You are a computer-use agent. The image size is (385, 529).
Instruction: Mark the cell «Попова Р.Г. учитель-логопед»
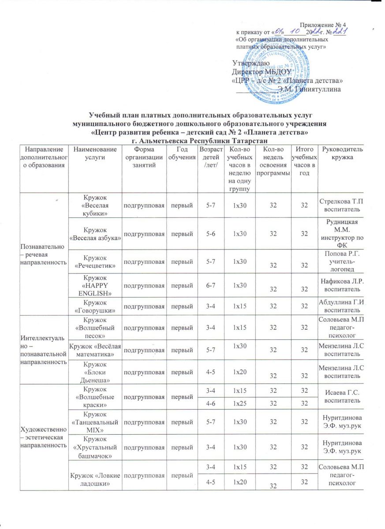coord(343,262)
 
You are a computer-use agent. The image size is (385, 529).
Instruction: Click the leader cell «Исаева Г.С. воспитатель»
coord(343,395)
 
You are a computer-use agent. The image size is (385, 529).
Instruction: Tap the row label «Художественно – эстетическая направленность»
coord(41,440)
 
